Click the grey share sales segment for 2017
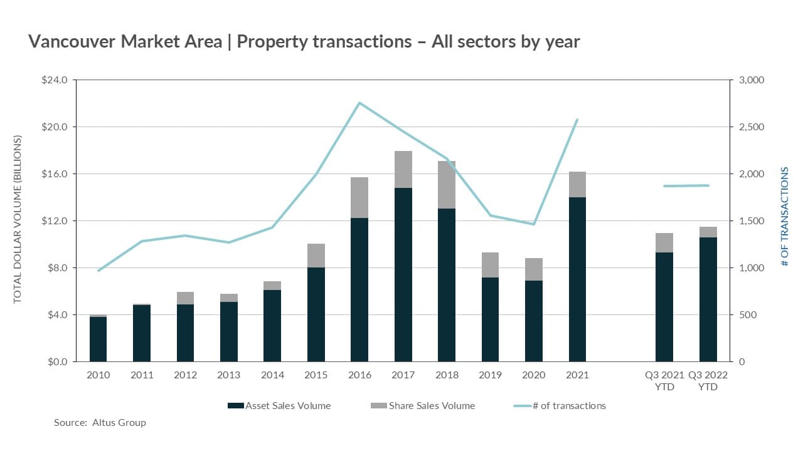tap(403, 169)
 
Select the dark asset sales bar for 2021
tap(577, 279)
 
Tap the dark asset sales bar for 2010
tap(98, 339)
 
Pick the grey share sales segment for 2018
tap(447, 185)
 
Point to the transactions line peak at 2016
tap(359, 103)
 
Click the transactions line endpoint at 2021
tap(577, 120)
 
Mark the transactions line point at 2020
tap(534, 224)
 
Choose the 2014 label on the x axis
tap(272, 375)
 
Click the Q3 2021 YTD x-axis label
tap(664, 381)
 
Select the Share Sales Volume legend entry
tap(423, 406)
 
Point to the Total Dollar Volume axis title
tap(18, 219)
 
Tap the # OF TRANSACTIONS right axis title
tap(785, 216)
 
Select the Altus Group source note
tap(100, 423)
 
